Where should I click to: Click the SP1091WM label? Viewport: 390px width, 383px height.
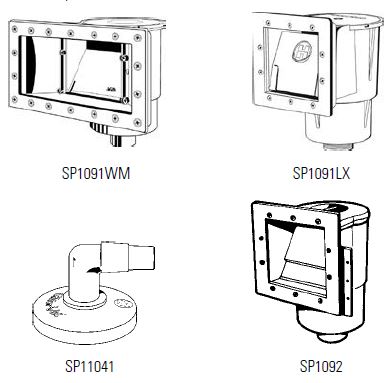point(96,173)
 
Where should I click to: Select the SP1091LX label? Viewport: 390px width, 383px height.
point(321,173)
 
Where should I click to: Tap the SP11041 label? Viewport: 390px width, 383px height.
point(90,366)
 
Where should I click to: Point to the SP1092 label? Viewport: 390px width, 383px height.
point(321,366)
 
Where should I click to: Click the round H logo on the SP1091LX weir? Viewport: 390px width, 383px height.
point(302,53)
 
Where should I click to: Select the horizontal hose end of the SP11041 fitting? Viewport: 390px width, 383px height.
point(142,258)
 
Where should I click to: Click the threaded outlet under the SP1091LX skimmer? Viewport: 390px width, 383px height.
point(338,146)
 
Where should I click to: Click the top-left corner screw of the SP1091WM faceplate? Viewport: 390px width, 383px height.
point(15,29)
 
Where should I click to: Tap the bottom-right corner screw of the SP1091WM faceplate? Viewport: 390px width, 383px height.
point(137,122)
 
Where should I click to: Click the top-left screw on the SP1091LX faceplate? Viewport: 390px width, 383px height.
point(268,23)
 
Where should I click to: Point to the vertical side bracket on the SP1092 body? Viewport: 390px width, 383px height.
point(347,282)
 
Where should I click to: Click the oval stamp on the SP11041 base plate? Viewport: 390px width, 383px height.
point(120,303)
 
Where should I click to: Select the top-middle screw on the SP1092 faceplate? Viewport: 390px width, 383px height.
point(293,218)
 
